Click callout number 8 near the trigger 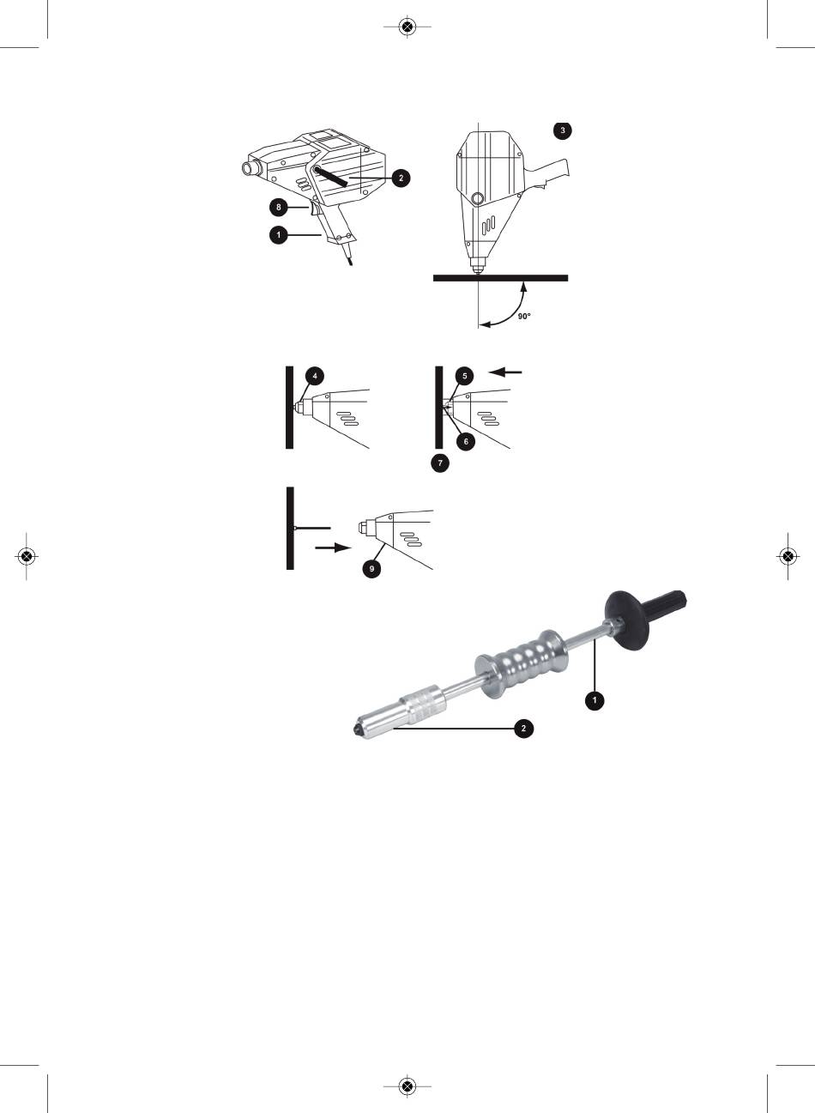pos(279,207)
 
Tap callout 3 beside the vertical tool pos(562,130)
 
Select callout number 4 pos(315,376)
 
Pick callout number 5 pos(465,376)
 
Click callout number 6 pos(466,441)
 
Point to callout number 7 pos(440,463)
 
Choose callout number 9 pos(371,568)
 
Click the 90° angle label pos(524,316)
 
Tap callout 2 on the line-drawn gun pos(401,178)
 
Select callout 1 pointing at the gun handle pos(279,234)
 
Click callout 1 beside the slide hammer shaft pos(595,700)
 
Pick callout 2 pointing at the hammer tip pos(523,729)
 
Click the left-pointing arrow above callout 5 pos(505,372)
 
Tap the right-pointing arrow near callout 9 pos(333,547)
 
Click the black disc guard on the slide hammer pos(626,620)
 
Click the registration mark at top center pos(407,27)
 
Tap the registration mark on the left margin pos(27,556)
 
